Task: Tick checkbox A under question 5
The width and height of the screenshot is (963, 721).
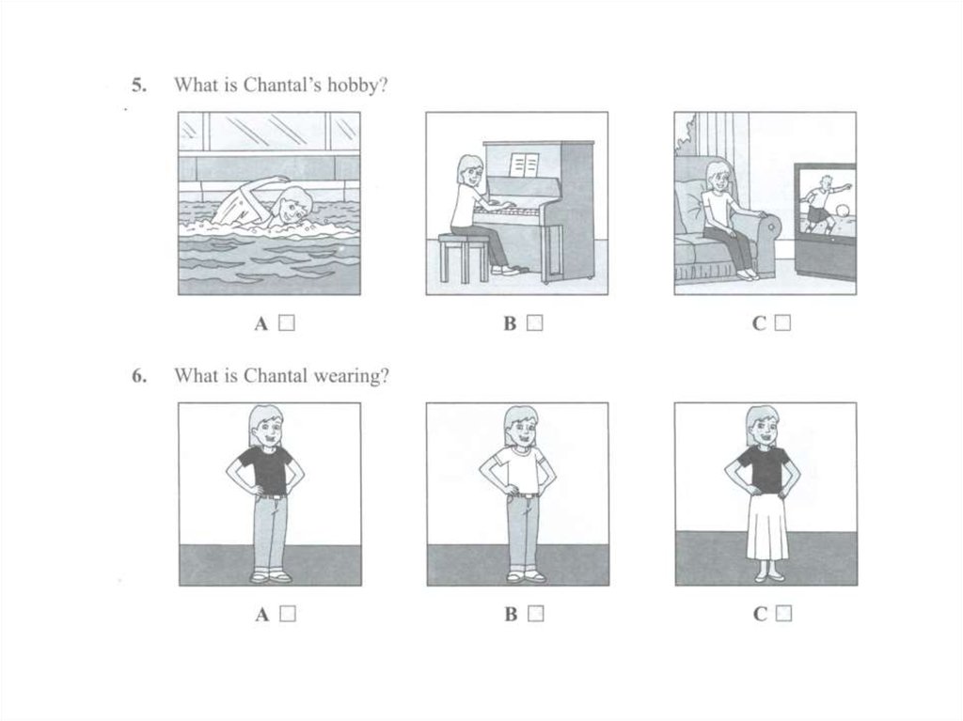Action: [x=287, y=322]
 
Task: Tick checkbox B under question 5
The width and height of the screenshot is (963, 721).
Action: [x=535, y=322]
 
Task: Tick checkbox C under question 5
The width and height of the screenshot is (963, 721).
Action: [x=783, y=322]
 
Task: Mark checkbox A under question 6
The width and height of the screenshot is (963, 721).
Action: [x=288, y=614]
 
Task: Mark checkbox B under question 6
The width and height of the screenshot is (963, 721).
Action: [x=536, y=614]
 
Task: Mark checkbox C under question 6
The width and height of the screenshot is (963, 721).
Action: [x=783, y=614]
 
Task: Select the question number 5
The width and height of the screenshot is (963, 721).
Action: [x=139, y=85]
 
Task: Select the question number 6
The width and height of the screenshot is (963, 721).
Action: [x=139, y=376]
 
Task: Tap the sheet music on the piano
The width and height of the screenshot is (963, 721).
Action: [x=524, y=165]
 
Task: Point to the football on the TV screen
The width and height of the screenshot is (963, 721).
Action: [x=844, y=211]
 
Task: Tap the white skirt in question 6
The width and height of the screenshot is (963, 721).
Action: [x=767, y=527]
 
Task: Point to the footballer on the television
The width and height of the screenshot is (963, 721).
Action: [x=822, y=205]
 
